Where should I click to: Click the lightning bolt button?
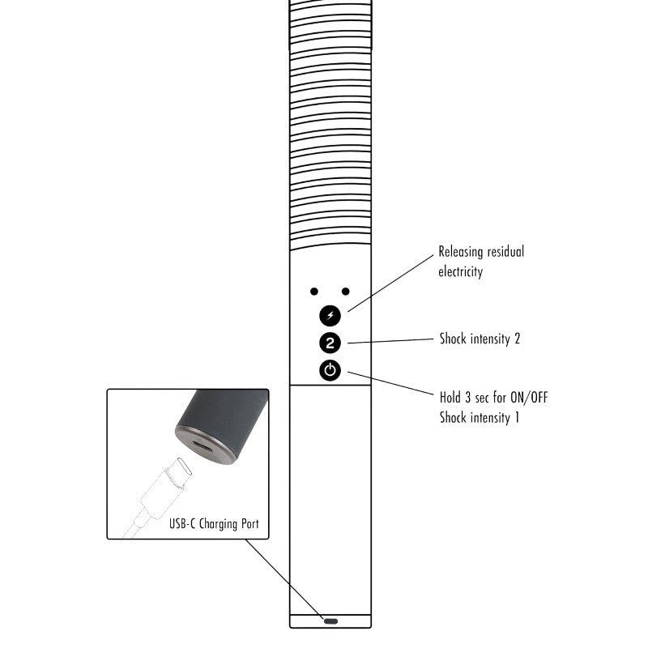click(330, 316)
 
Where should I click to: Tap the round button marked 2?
click(330, 343)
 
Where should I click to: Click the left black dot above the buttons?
click(314, 292)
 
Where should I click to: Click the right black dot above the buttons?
click(346, 292)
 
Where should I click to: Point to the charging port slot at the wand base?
click(330, 621)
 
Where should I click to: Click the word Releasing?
click(461, 252)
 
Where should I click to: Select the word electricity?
click(460, 272)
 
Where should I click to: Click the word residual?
click(505, 251)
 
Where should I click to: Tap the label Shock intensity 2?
click(480, 339)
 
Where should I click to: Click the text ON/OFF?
click(529, 398)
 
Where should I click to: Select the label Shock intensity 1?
click(480, 417)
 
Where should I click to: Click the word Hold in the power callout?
click(450, 398)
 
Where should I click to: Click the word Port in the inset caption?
click(250, 523)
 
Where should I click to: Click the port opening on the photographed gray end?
click(202, 446)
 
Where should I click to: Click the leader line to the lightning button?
click(391, 283)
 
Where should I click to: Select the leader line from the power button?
click(391, 383)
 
